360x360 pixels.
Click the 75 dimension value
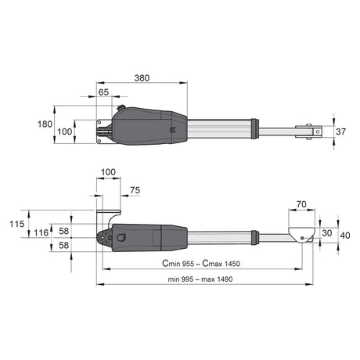(x=135, y=189)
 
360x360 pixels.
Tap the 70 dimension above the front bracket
(x=301, y=205)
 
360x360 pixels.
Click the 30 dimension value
(x=326, y=233)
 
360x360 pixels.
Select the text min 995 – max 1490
(x=200, y=278)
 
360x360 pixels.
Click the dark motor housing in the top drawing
(x=149, y=124)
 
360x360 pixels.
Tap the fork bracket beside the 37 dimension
(x=310, y=131)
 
